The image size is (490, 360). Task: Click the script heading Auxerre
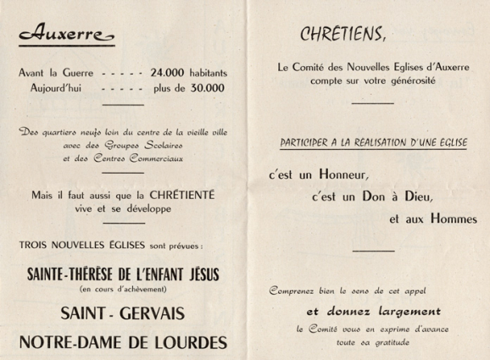click(64, 36)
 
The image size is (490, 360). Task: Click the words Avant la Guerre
click(54, 74)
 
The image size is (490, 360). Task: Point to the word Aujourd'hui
click(48, 87)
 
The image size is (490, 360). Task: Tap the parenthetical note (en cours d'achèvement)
click(124, 288)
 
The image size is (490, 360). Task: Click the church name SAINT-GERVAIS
click(123, 313)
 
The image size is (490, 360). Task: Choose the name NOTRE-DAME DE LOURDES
click(124, 342)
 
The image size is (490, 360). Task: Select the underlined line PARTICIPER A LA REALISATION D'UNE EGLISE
click(372, 143)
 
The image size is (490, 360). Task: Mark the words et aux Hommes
click(428, 219)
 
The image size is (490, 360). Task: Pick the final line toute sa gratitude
click(372, 342)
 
